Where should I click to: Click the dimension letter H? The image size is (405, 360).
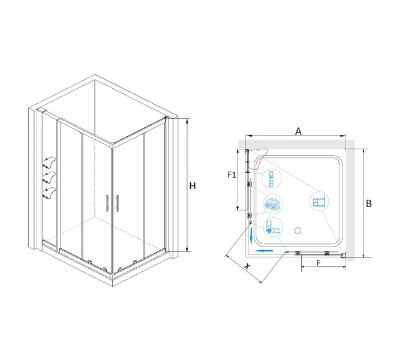point(193,185)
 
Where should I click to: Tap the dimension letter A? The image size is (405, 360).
point(298,131)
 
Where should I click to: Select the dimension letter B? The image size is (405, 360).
point(369,203)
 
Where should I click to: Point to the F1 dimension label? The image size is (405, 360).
point(232,175)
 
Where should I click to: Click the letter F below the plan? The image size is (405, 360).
point(318,263)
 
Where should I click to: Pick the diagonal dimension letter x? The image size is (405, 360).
point(247,266)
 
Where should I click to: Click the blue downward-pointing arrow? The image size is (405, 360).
point(251,236)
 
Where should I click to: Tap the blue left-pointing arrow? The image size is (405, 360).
point(264,251)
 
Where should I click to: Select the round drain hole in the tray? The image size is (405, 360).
point(298,230)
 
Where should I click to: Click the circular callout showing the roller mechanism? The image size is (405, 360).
point(272,204)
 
